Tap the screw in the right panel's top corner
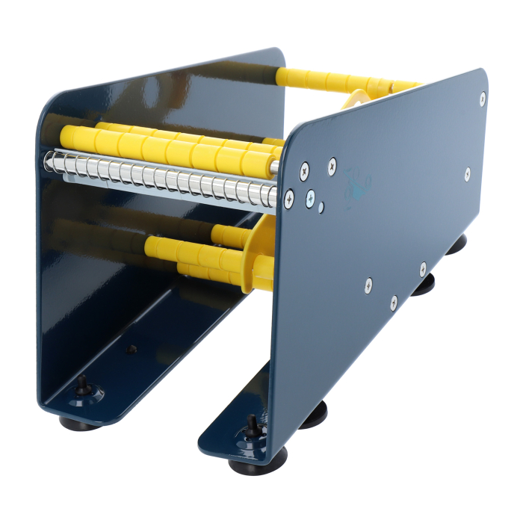coord(482,97)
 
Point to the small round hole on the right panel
coord(321,208)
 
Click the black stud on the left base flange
coord(81,383)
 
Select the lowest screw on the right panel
coord(394,303)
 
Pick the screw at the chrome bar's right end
coord(288,196)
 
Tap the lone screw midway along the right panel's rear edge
coord(466,173)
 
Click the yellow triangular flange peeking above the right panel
coord(356,99)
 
